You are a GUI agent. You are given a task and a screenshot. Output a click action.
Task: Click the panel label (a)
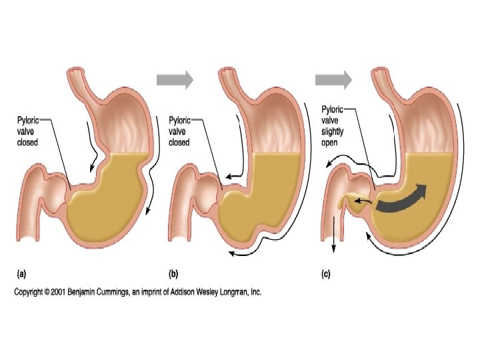22,273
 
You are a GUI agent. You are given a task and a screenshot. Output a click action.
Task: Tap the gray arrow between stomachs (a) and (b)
175,81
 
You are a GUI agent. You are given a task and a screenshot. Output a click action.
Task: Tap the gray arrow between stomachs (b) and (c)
333,81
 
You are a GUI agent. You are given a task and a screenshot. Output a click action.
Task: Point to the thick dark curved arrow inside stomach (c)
403,198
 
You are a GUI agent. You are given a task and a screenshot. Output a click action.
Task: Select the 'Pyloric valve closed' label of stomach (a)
29,131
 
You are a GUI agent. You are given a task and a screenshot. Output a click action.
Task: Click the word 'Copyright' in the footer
31,293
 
